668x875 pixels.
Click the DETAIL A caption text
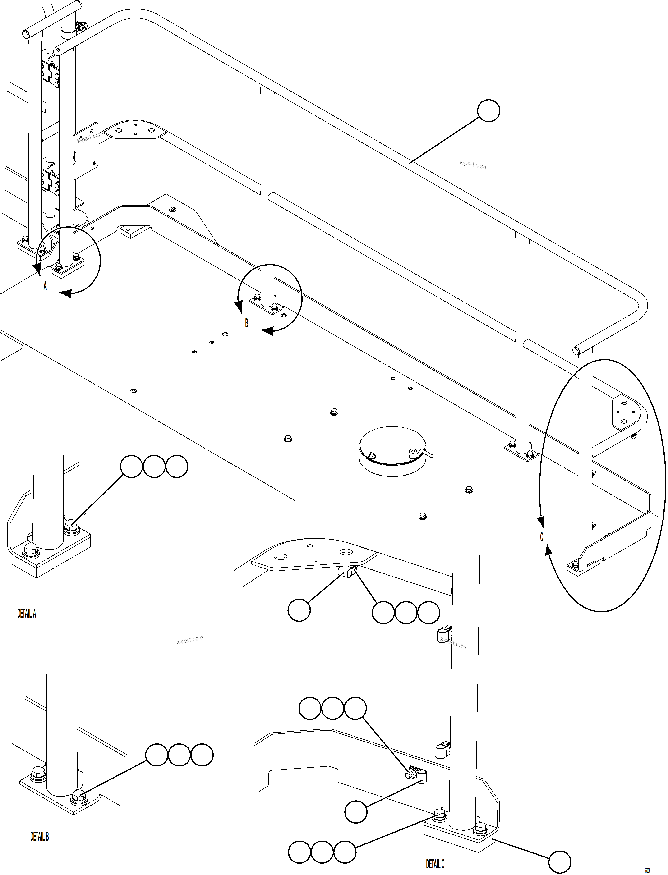point(27,614)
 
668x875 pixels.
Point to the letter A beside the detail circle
point(45,285)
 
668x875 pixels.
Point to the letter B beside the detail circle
point(247,323)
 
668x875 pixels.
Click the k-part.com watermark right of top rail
point(473,164)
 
